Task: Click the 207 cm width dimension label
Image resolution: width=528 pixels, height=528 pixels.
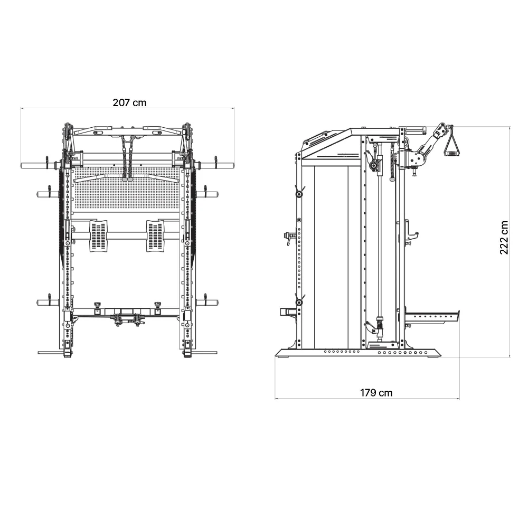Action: pyautogui.click(x=129, y=102)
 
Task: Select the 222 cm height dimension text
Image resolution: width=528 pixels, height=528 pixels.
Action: pyautogui.click(x=504, y=238)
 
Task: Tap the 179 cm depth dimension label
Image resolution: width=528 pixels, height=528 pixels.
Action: pyautogui.click(x=376, y=392)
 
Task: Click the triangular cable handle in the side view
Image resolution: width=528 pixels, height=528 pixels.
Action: pyautogui.click(x=452, y=144)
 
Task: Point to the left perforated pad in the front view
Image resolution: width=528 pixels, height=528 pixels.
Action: pyautogui.click(x=98, y=236)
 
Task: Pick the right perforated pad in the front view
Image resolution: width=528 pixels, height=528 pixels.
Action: pyautogui.click(x=155, y=236)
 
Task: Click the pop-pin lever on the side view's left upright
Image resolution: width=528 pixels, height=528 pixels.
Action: pyautogui.click(x=288, y=237)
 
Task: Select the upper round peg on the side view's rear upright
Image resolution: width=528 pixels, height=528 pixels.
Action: pyautogui.click(x=299, y=194)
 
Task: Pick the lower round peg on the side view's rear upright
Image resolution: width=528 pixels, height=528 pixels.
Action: pyautogui.click(x=299, y=302)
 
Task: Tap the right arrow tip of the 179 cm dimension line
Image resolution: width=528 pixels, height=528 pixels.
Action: pyautogui.click(x=459, y=398)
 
